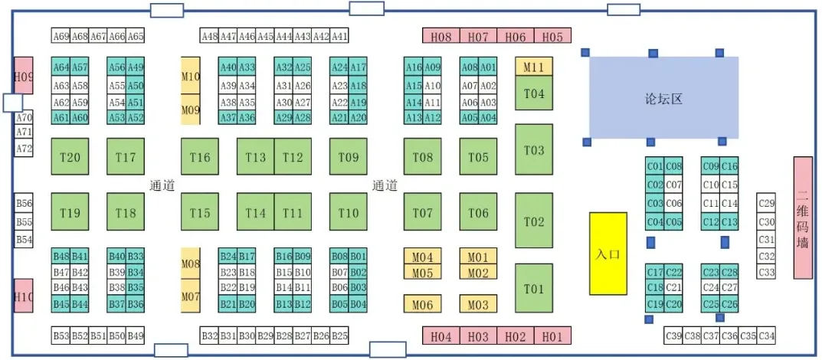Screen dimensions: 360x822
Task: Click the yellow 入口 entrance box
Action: click(x=607, y=254)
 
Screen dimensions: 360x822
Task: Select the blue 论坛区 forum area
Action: click(x=663, y=97)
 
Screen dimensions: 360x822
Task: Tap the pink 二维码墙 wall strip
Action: click(x=802, y=218)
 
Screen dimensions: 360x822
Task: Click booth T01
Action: click(x=534, y=289)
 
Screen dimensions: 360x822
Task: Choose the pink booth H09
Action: click(x=24, y=76)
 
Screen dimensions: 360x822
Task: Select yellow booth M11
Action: click(x=533, y=67)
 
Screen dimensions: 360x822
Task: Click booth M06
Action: click(x=423, y=305)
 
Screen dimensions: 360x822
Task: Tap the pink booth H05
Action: click(x=552, y=36)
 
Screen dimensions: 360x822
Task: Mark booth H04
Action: click(x=440, y=335)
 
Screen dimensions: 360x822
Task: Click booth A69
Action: click(x=61, y=36)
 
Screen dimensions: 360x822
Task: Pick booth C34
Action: click(x=766, y=335)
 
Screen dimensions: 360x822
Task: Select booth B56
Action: click(x=25, y=204)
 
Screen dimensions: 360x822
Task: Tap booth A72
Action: click(x=25, y=149)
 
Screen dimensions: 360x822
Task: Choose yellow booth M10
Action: click(x=190, y=76)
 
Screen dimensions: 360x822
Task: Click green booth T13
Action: click(x=255, y=158)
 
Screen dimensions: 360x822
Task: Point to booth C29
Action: click(x=766, y=204)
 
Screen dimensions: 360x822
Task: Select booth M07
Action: click(x=190, y=296)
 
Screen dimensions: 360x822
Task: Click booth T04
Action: click(x=534, y=93)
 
